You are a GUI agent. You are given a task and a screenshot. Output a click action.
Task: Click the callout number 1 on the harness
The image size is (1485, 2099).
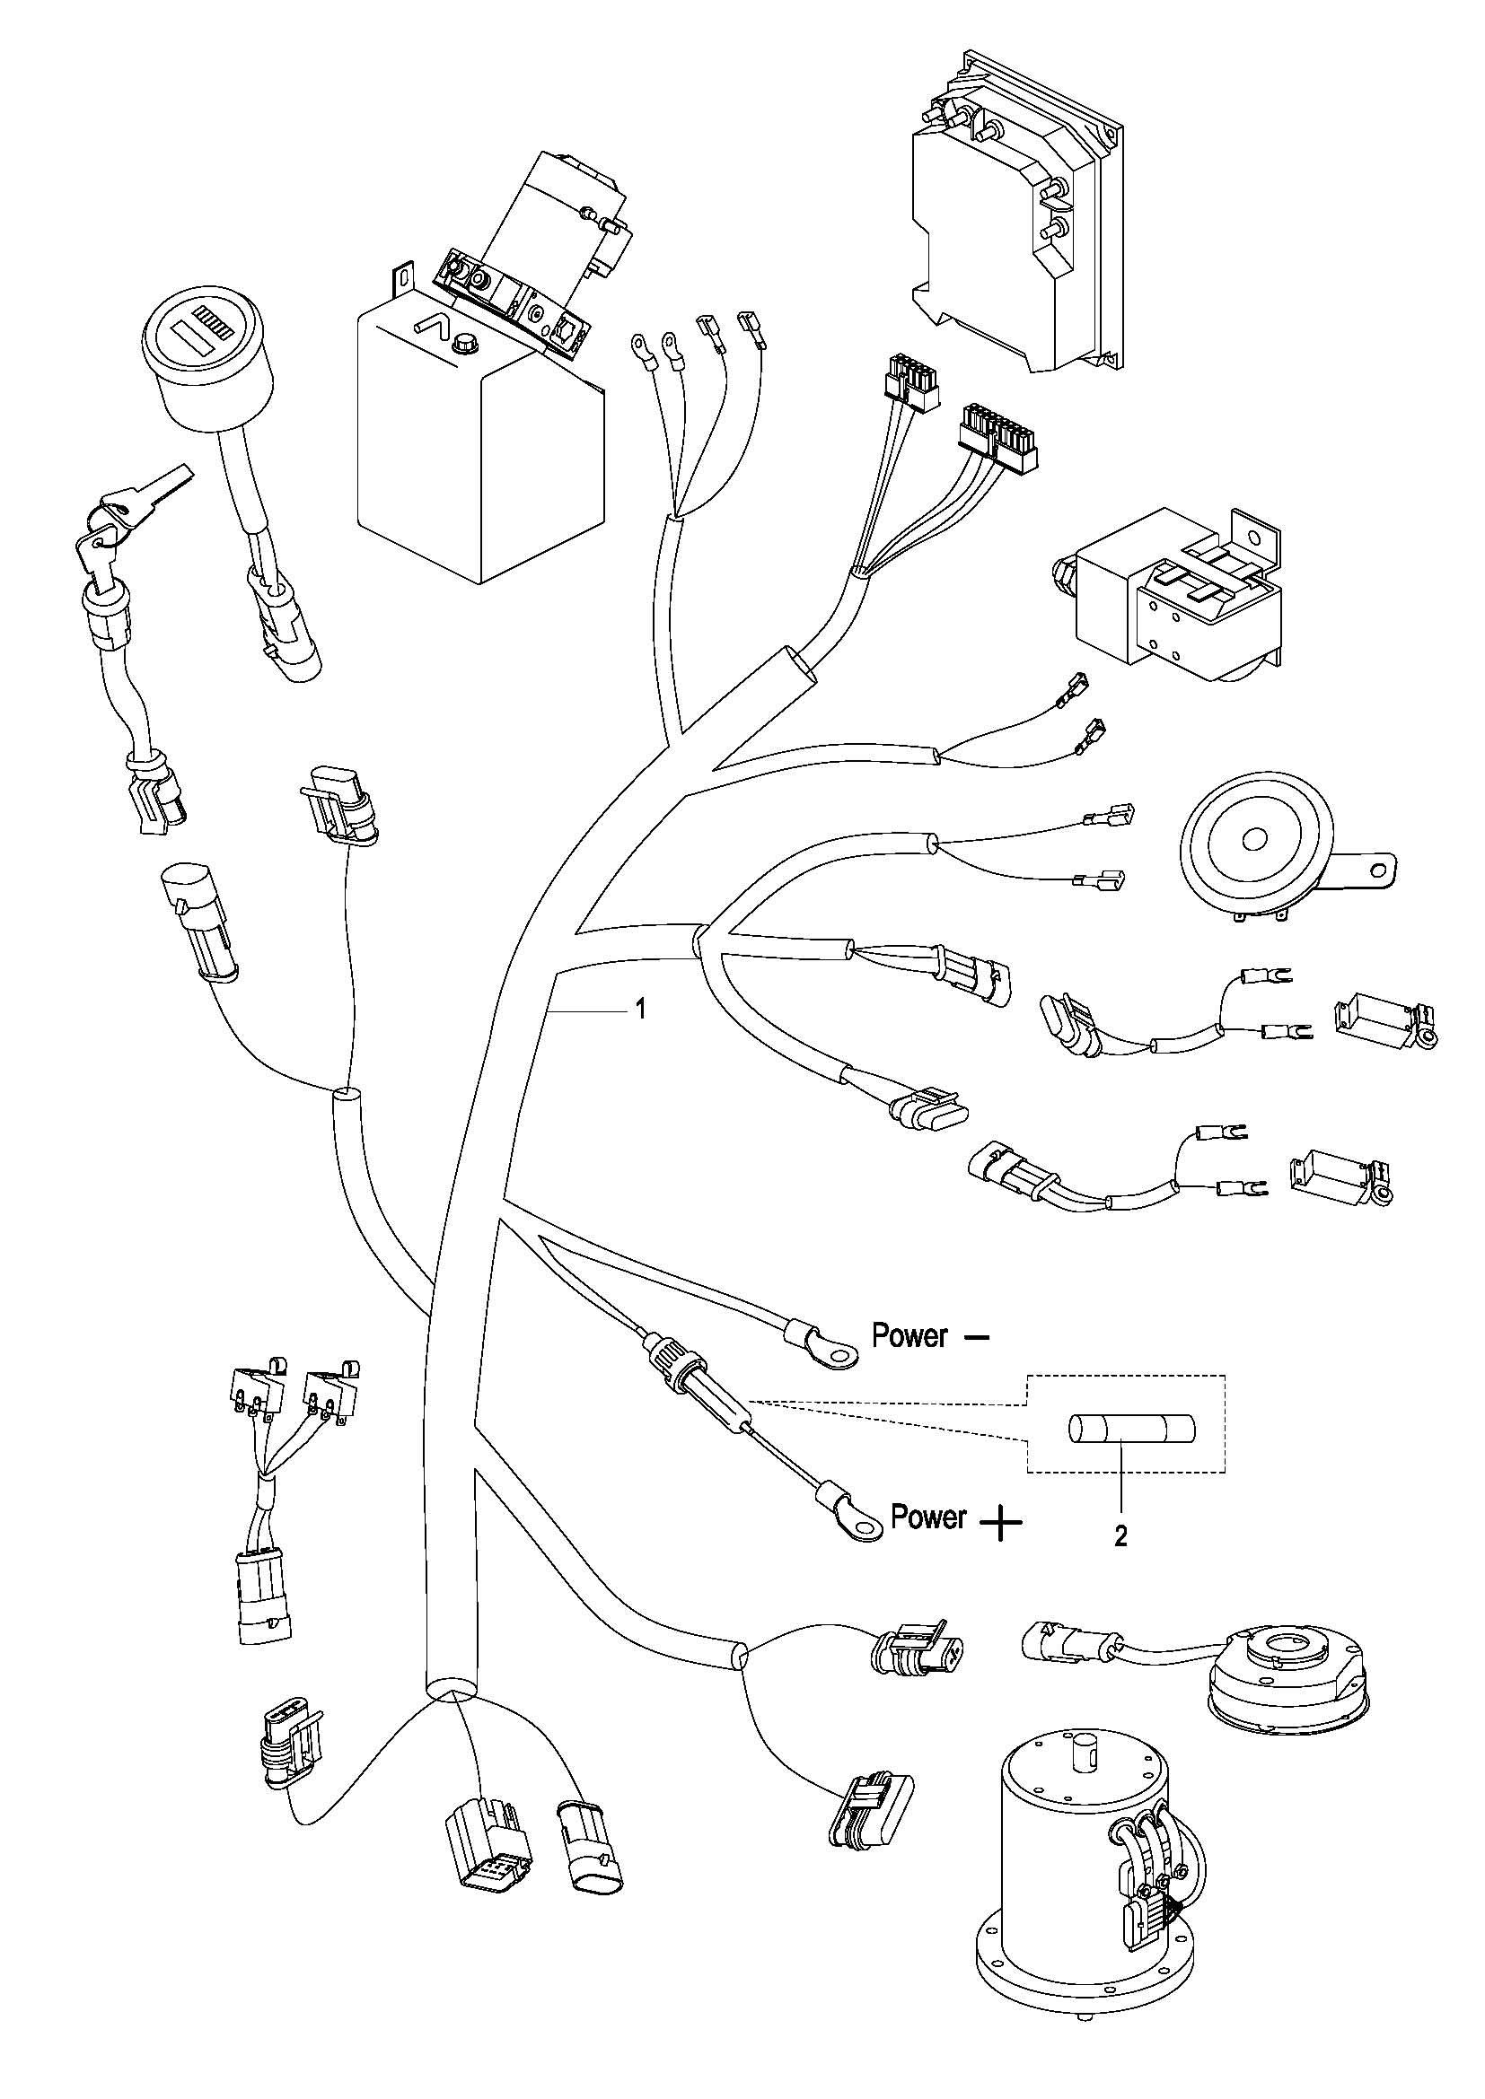(x=641, y=1010)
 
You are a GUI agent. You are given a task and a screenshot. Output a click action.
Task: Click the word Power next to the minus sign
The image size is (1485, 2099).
(x=909, y=1336)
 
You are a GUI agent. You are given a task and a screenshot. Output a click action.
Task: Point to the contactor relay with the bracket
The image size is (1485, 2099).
(x=1180, y=599)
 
